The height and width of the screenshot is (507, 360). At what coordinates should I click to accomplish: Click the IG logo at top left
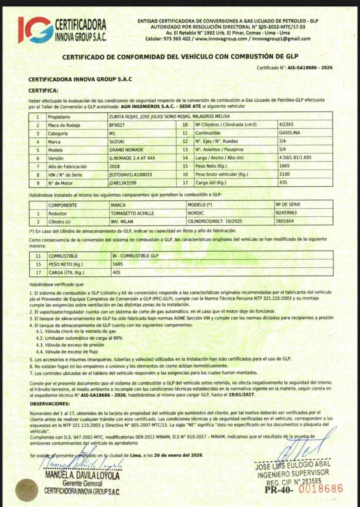35,30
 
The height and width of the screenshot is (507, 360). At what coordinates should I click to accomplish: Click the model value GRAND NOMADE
126,150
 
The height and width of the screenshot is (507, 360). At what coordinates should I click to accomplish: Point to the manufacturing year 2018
115,166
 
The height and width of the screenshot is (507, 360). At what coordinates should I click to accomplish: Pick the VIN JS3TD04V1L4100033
131,175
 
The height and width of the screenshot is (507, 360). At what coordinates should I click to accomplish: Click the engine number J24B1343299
123,183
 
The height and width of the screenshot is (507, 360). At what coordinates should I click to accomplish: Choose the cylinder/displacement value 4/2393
286,125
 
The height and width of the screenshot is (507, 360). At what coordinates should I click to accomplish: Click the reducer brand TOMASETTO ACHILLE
132,213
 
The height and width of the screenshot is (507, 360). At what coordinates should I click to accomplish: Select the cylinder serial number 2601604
285,221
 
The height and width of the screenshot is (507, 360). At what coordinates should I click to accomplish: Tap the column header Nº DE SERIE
287,205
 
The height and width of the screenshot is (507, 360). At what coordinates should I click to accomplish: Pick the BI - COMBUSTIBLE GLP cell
135,256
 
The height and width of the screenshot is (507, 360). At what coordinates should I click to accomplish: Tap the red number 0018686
321,489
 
